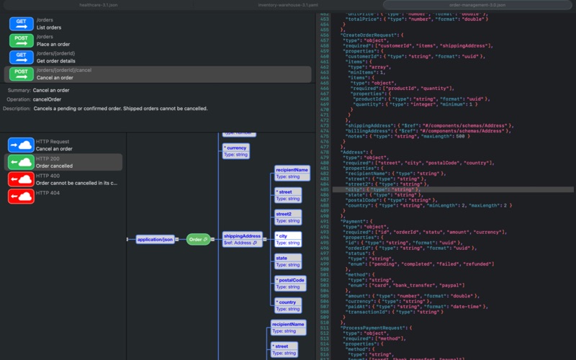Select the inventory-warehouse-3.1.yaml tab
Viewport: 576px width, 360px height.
coord(287,4)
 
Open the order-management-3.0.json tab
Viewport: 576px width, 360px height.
coord(477,4)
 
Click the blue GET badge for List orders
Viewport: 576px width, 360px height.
coord(22,23)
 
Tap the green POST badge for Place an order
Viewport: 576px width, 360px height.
coord(22,40)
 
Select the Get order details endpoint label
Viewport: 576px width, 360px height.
coord(56,60)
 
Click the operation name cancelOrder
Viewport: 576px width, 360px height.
coord(48,99)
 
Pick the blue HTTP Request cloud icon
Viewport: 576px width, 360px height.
coord(21,145)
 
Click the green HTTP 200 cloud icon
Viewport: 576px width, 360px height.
coord(21,162)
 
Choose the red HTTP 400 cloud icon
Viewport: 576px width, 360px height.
coord(21,179)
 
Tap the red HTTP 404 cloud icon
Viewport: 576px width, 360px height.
coord(21,196)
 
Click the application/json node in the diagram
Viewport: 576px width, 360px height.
coord(156,239)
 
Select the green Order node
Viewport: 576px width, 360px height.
coord(198,239)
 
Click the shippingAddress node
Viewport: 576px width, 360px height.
coord(243,239)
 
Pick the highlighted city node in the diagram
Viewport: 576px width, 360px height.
coord(288,239)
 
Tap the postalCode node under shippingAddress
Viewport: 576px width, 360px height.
coord(290,283)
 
